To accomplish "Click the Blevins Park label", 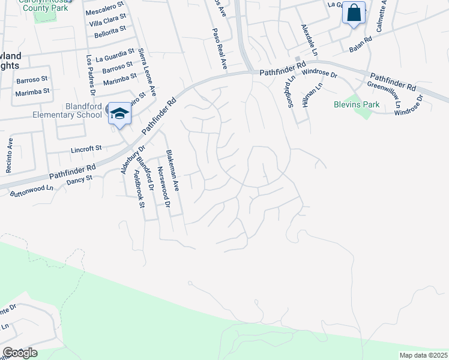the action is pos(357,104).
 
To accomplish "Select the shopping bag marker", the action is pos(354,13).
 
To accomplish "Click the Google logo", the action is pos(20,353).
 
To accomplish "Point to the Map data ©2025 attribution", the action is pos(423,355).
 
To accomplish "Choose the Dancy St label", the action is pos(80,179).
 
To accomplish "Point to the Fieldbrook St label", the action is pos(139,188).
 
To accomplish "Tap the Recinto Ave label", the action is pos(10,155).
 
